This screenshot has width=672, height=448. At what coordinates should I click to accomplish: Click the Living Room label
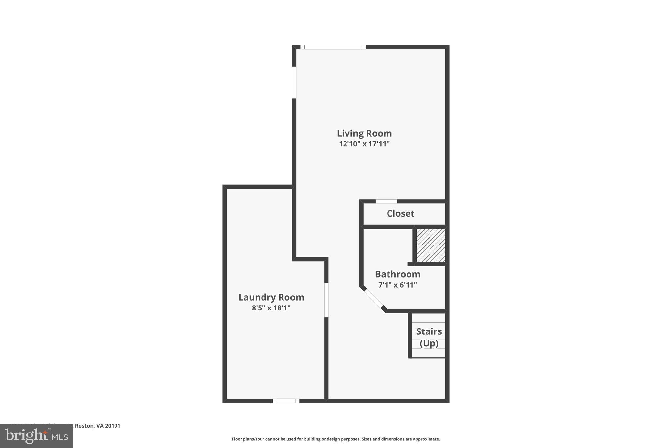click(364, 133)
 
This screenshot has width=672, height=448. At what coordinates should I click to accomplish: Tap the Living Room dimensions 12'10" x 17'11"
click(364, 144)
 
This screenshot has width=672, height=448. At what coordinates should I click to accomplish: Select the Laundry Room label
click(271, 297)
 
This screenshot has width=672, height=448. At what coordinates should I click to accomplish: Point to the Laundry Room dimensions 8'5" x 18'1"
click(271, 308)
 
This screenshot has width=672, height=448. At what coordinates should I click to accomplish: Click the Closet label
click(400, 214)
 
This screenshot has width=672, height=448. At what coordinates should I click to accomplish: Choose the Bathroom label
click(397, 274)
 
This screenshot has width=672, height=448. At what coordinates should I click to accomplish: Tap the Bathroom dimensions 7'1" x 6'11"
click(397, 285)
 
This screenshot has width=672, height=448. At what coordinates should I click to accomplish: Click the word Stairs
click(429, 331)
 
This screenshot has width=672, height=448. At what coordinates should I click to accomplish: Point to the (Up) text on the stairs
click(429, 343)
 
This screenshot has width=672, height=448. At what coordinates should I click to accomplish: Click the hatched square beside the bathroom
click(431, 245)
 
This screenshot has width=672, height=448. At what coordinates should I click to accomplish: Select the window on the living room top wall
click(333, 47)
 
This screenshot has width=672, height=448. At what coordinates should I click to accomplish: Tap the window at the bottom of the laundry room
click(286, 401)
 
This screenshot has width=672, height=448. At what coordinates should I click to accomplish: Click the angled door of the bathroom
click(373, 299)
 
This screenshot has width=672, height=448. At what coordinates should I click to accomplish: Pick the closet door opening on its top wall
click(386, 201)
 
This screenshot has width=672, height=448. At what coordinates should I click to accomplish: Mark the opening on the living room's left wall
click(294, 82)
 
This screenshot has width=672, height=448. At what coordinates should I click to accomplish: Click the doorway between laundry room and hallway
click(326, 300)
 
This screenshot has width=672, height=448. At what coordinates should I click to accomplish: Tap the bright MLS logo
click(36, 436)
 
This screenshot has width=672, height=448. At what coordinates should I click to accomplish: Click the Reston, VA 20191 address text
click(97, 426)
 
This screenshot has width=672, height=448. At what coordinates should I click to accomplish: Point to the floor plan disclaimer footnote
click(336, 439)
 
